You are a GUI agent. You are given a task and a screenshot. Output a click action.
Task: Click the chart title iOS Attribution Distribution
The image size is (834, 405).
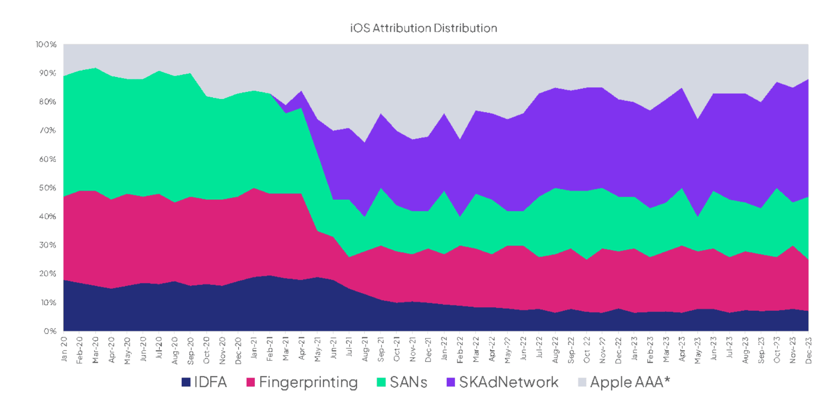click(423, 28)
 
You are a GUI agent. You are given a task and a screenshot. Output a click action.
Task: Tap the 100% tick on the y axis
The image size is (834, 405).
click(46, 45)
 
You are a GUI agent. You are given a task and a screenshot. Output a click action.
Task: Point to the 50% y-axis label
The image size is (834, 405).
click(47, 188)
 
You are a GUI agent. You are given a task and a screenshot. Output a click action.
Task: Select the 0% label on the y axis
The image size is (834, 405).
click(50, 331)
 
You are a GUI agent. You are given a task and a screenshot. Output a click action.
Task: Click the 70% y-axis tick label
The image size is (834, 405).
click(47, 130)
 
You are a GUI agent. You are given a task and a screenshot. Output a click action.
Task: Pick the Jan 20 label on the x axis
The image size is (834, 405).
click(64, 349)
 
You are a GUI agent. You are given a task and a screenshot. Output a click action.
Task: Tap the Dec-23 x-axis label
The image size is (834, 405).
click(808, 350)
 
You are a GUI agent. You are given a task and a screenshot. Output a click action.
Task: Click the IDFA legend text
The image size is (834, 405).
click(210, 382)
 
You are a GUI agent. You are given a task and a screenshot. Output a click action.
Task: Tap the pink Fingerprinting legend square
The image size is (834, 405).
click(250, 382)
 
